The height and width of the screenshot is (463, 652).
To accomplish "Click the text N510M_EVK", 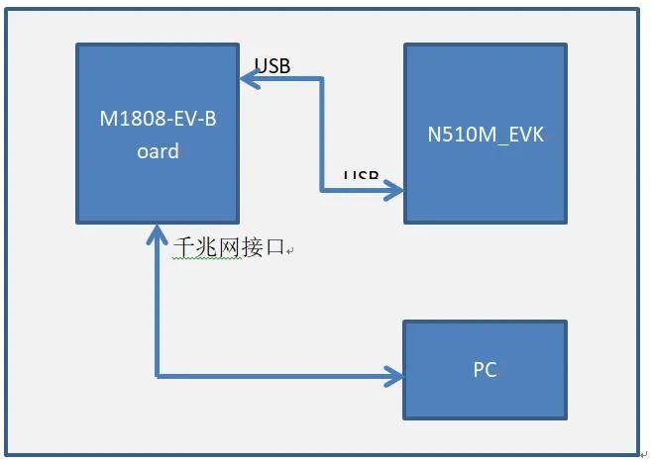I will (485, 136).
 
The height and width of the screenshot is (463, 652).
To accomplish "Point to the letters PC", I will (485, 371).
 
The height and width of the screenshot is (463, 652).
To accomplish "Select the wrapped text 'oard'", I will (158, 151).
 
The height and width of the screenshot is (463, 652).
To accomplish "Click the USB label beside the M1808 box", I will (272, 66).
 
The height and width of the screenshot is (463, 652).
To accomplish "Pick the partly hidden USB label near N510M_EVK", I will (361, 175).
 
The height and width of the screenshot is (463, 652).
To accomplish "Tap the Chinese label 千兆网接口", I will (228, 247).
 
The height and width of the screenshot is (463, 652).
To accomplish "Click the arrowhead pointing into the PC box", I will (395, 376).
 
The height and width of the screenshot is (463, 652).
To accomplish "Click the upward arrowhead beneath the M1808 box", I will (158, 233).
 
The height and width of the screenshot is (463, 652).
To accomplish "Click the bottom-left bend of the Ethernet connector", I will (158, 376).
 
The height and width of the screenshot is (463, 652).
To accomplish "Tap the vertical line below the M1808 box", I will (158, 307).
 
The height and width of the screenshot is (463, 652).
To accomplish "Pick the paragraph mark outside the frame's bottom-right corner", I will (643, 454).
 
